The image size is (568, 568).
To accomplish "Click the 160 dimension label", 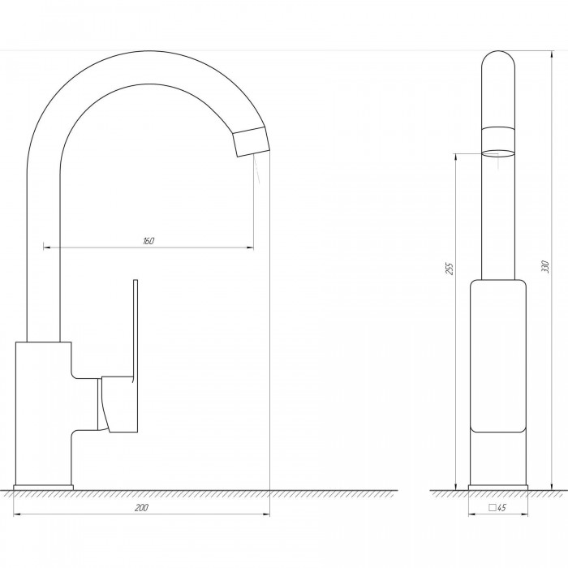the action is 148,241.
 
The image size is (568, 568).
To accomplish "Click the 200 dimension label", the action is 141,508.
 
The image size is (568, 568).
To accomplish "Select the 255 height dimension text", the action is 450,269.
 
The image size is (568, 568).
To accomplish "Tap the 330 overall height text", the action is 546,267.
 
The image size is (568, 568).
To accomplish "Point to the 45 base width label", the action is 501,508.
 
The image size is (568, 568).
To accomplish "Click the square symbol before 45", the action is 493,507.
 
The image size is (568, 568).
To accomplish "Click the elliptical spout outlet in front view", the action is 498,153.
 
